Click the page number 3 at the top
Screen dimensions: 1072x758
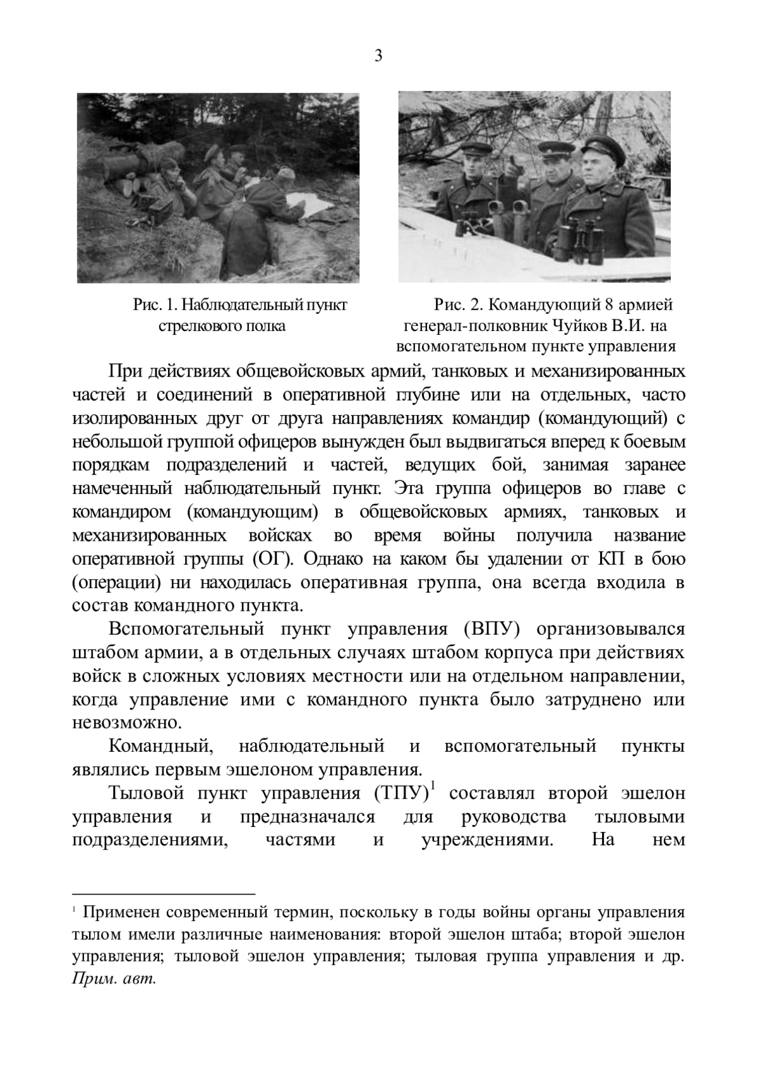[378, 56]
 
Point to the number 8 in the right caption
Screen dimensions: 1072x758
[609, 305]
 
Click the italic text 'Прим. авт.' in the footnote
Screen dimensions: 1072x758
[114, 979]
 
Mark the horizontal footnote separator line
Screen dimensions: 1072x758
[164, 894]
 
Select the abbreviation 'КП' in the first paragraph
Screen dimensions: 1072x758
[611, 559]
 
